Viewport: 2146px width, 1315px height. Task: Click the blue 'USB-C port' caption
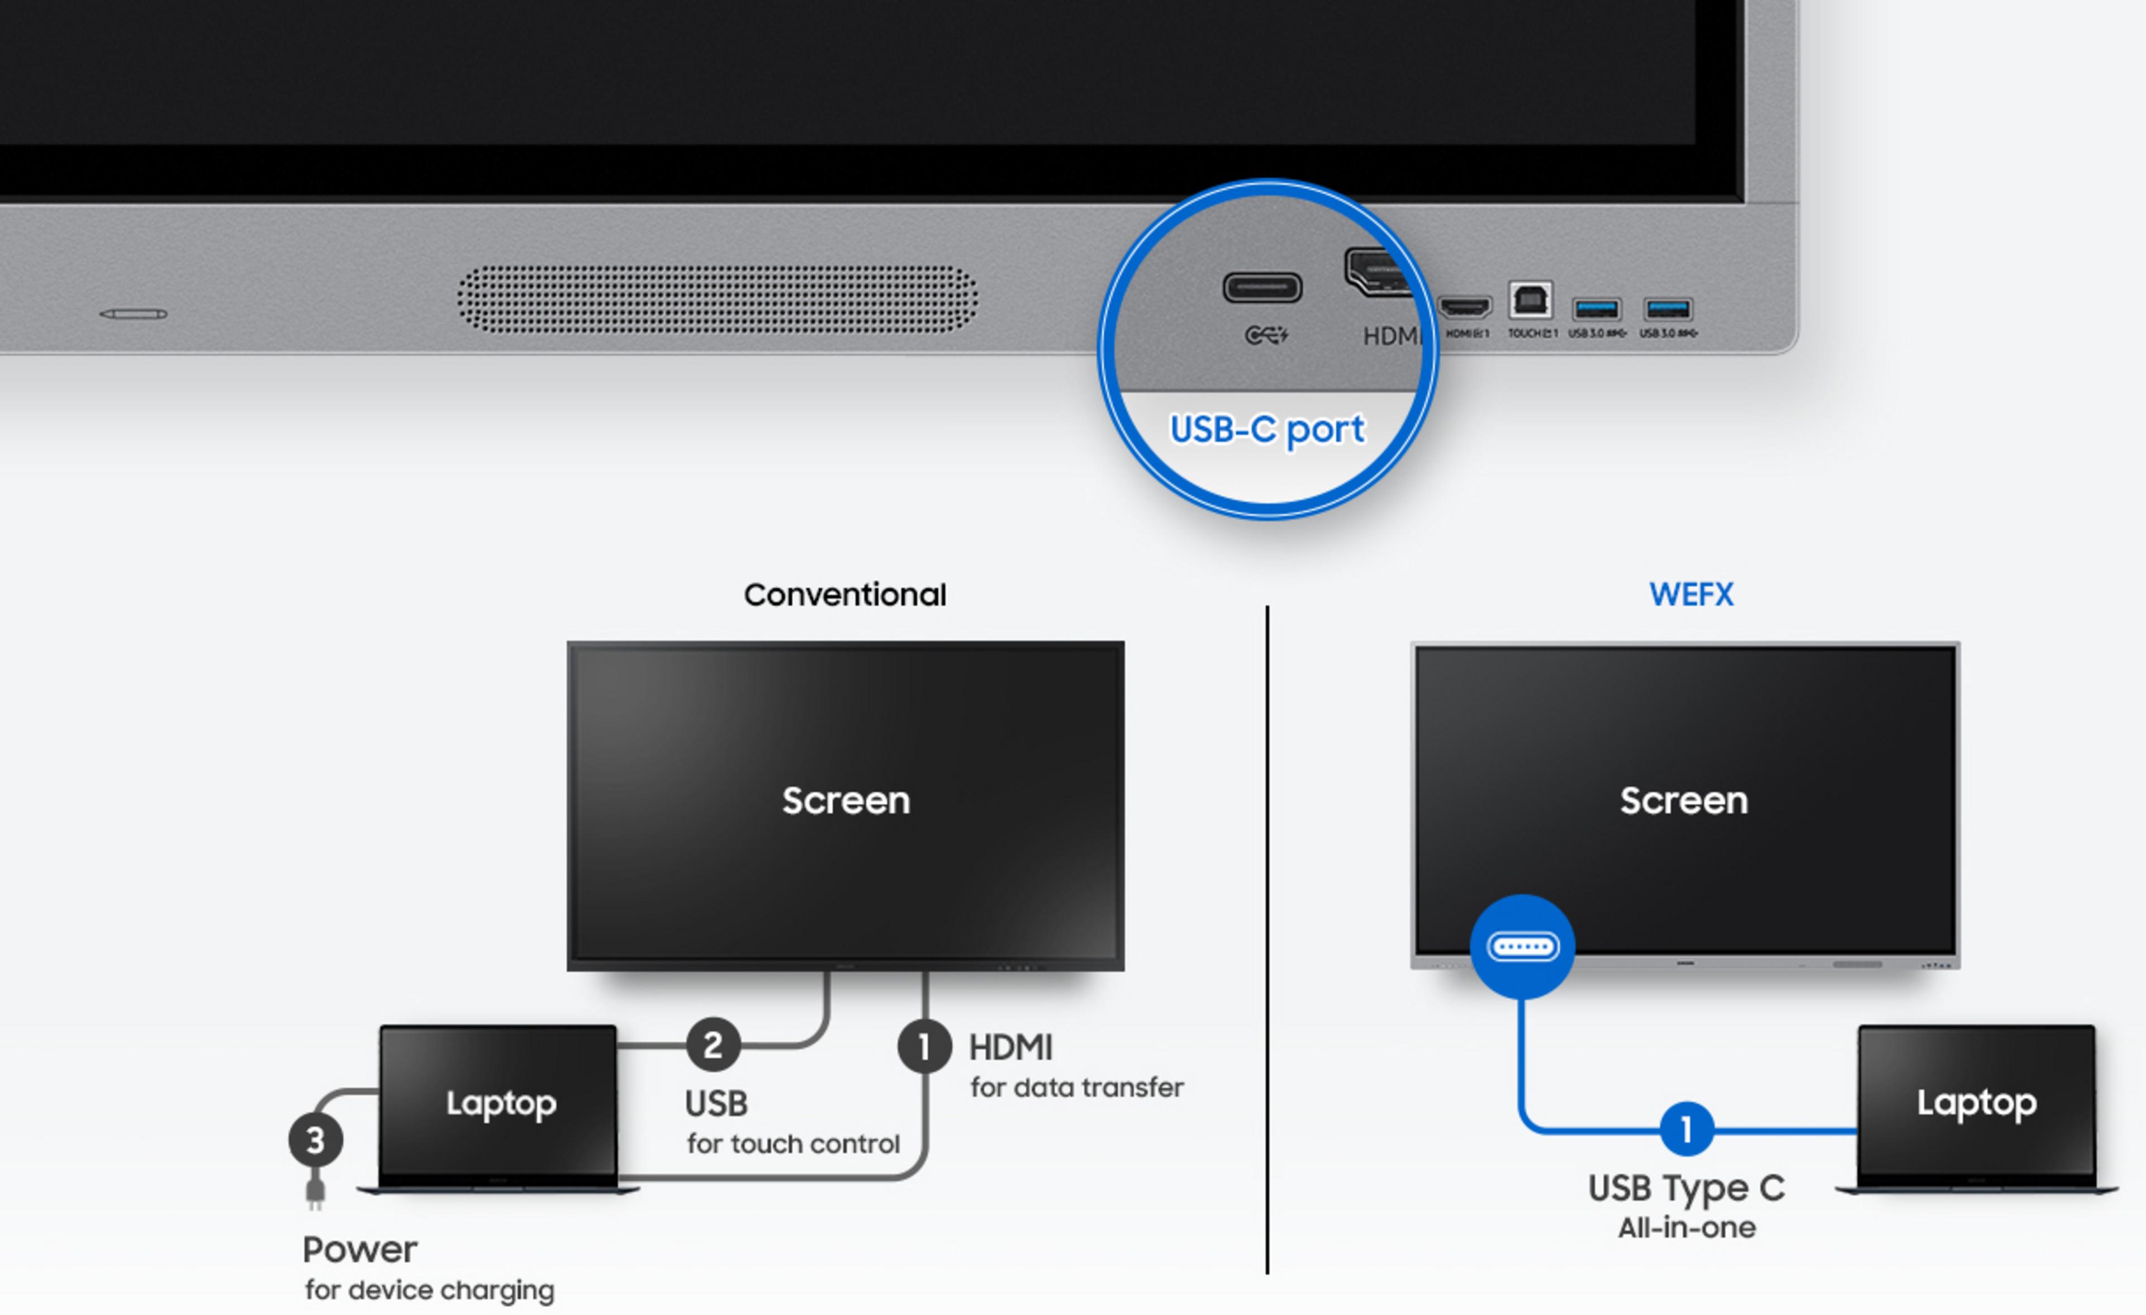click(x=1267, y=429)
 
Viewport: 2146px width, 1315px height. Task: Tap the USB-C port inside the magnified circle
click(x=1262, y=287)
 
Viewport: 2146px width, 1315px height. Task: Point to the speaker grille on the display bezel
click(x=717, y=300)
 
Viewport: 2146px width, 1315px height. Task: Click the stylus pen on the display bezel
click(x=133, y=314)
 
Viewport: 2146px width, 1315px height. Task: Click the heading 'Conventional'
click(x=844, y=595)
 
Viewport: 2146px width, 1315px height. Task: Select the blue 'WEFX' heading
click(x=1691, y=595)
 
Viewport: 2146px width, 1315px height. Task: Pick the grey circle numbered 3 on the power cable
click(x=315, y=1140)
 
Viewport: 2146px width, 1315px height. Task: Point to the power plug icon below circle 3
click(x=315, y=1190)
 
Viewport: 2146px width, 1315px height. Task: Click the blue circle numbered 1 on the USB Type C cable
click(x=1686, y=1129)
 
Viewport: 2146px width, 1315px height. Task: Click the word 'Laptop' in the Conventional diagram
click(x=501, y=1103)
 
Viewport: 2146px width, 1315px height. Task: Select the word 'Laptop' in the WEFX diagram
click(x=1976, y=1103)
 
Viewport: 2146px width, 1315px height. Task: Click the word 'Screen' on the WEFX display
click(x=1683, y=800)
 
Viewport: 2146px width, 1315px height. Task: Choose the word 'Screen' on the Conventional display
click(x=846, y=800)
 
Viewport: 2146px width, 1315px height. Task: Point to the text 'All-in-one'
click(x=1686, y=1228)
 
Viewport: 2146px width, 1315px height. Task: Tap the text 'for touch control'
click(x=792, y=1143)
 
